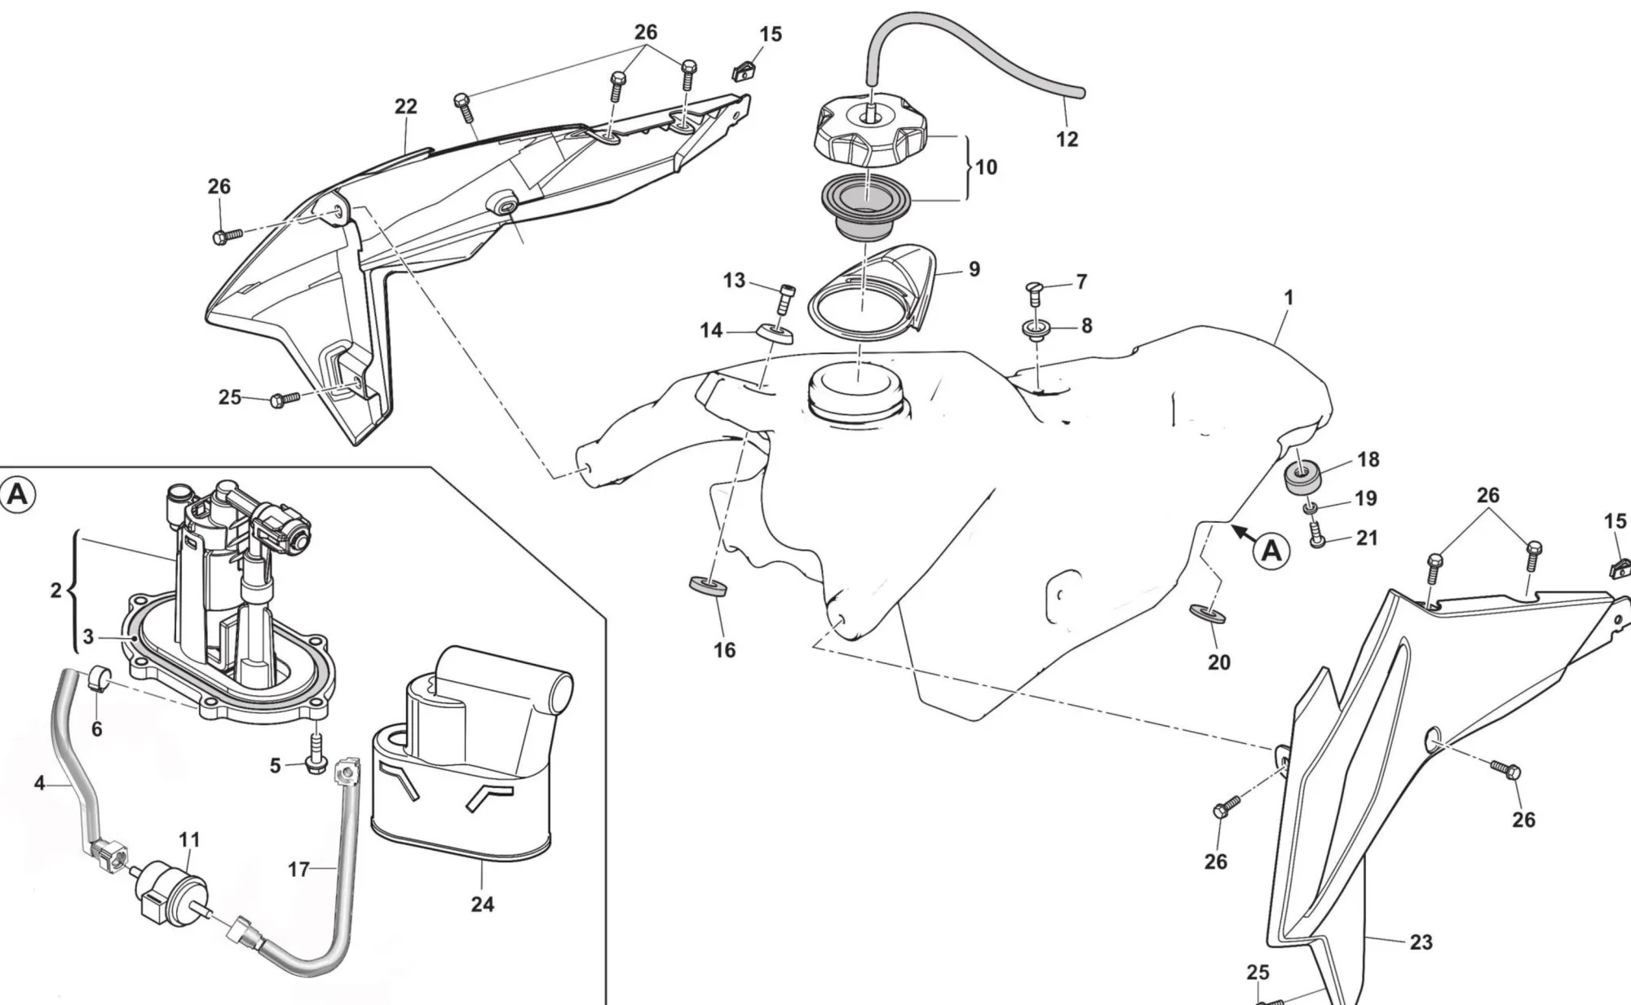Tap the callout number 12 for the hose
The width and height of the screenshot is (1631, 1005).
pyautogui.click(x=1067, y=139)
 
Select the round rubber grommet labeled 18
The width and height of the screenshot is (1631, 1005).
pyautogui.click(x=1303, y=476)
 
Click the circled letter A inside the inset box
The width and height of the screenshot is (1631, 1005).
pyautogui.click(x=18, y=494)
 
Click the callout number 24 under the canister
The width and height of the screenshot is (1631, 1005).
pyautogui.click(x=482, y=904)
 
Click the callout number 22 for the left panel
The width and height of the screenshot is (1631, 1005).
pyautogui.click(x=405, y=107)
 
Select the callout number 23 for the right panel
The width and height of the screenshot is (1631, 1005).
pyautogui.click(x=1421, y=942)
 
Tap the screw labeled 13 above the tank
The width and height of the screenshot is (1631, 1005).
pyautogui.click(x=786, y=298)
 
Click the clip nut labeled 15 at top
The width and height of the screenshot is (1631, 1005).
pyautogui.click(x=743, y=72)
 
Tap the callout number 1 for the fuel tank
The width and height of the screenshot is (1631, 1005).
pyautogui.click(x=1288, y=298)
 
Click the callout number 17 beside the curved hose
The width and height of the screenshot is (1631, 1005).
pyautogui.click(x=298, y=870)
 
